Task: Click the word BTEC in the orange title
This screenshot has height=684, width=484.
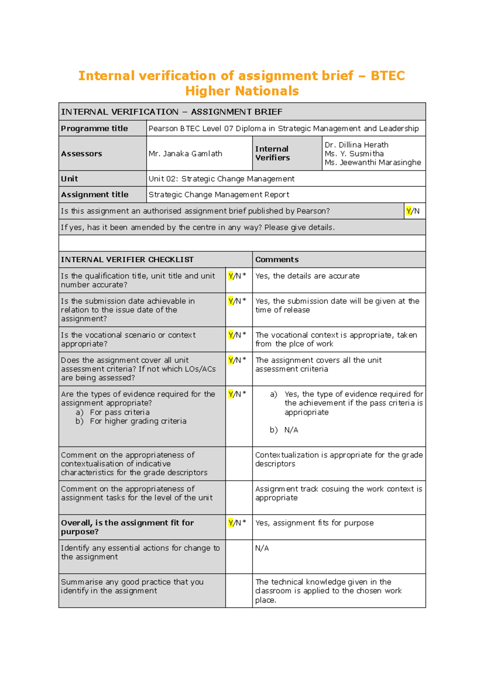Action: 387,76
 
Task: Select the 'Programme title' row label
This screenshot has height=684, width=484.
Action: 94,129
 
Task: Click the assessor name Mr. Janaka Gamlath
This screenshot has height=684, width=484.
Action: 185,154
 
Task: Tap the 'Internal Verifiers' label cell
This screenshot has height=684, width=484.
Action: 272,153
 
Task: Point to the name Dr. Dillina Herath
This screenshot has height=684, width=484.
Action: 356,145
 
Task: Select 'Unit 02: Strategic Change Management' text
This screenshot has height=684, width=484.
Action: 221,179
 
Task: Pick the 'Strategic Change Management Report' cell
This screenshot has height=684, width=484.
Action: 219,195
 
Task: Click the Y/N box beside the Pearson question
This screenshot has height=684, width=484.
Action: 413,211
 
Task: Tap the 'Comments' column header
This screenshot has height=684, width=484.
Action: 277,260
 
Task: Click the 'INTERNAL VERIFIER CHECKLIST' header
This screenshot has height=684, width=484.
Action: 127,260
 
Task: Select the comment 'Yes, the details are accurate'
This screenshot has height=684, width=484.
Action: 307,276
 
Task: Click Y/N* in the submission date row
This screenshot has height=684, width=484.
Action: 237,301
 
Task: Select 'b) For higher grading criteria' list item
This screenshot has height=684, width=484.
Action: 131,421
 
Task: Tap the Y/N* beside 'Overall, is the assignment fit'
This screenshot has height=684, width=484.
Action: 237,523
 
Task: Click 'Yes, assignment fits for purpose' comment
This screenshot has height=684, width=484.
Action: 314,523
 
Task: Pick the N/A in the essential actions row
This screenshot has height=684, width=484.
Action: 262,548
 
